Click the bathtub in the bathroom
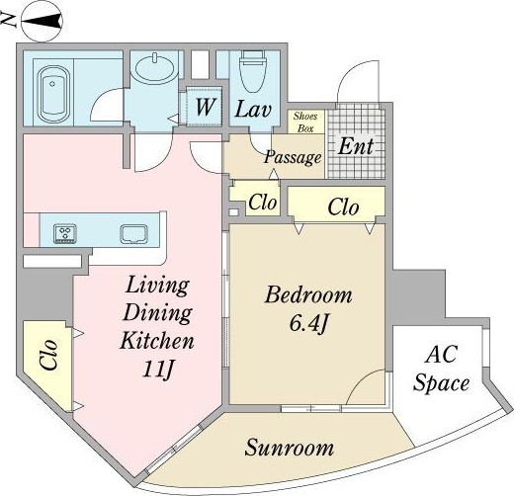tap(53, 94)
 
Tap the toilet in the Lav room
tap(253, 71)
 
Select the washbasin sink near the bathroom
tap(155, 68)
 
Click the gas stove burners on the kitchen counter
tap(65, 233)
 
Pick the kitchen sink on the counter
tap(133, 234)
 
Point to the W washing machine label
tap(206, 107)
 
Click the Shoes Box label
tap(305, 122)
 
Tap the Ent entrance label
tap(356, 146)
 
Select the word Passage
tap(293, 157)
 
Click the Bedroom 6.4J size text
tap(308, 324)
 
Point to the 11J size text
tap(157, 371)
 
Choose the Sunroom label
tap(289, 448)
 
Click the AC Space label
tap(441, 369)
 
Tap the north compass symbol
tap(42, 21)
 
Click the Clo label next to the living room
tap(48, 355)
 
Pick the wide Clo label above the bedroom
tap(343, 207)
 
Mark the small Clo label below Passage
tap(262, 202)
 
